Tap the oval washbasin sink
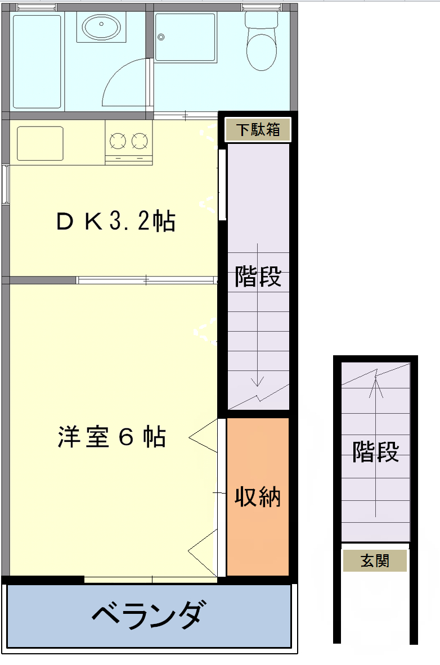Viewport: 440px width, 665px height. (101, 27)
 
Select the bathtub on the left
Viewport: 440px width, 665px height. (37, 62)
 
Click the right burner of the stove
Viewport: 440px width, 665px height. (140, 141)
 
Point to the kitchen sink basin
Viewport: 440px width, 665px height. (40, 143)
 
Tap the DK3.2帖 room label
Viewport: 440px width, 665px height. (116, 221)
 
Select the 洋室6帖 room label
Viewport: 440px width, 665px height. (112, 436)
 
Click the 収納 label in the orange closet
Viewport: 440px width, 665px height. (258, 496)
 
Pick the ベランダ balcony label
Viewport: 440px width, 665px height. (147, 614)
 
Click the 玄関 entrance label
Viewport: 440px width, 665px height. (375, 560)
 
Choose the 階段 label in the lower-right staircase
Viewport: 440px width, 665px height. (376, 451)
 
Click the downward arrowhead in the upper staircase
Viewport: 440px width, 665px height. (257, 381)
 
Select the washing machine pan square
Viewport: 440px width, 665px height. (185, 37)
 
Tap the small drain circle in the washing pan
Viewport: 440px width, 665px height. (161, 37)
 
